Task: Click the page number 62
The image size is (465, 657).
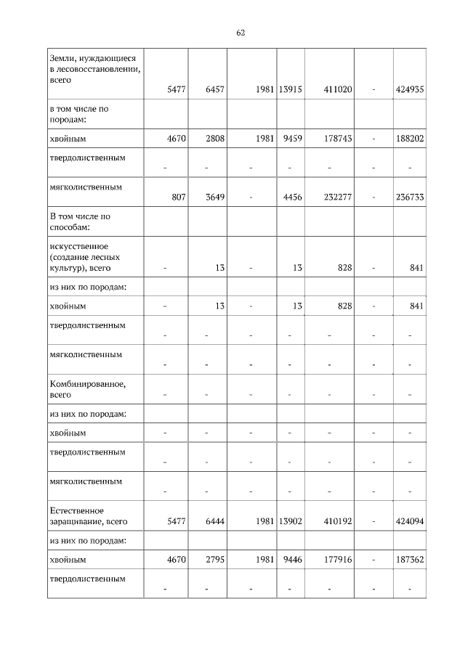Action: (x=240, y=33)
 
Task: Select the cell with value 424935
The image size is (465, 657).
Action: (x=410, y=89)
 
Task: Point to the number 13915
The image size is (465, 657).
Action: (x=290, y=89)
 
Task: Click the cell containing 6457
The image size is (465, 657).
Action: (x=215, y=89)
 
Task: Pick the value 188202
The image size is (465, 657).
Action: (x=410, y=138)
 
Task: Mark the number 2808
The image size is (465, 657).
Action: (x=215, y=138)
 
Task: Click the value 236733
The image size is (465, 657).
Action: (x=410, y=196)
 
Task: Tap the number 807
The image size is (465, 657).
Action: (x=178, y=196)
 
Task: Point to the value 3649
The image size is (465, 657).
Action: (x=215, y=196)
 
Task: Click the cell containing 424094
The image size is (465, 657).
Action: (x=410, y=521)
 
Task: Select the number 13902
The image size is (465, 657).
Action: (x=290, y=521)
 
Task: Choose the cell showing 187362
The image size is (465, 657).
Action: (x=410, y=560)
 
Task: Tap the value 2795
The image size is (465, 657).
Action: (x=215, y=560)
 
